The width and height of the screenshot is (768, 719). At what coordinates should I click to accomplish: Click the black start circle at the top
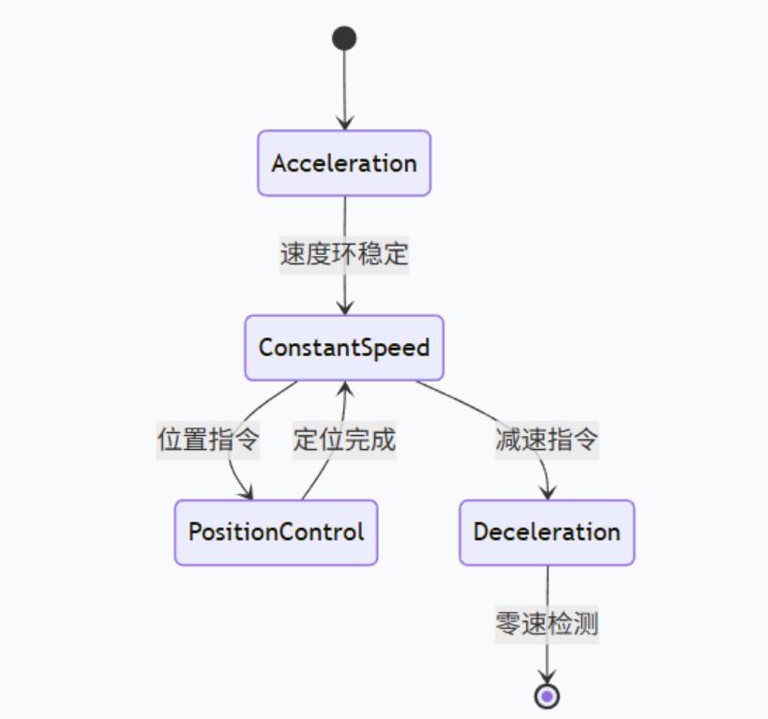(x=344, y=38)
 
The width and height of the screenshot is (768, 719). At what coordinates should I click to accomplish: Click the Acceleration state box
(x=344, y=163)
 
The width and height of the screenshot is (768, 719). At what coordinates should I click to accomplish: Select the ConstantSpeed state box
(x=344, y=348)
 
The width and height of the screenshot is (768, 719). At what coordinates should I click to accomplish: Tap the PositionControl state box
(x=276, y=532)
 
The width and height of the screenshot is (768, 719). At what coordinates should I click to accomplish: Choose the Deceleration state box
(x=547, y=532)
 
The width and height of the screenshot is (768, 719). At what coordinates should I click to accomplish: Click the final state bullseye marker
(x=547, y=697)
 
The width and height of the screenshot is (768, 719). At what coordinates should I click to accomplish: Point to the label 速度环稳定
(x=344, y=254)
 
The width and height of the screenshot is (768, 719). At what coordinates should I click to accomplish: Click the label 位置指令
(x=207, y=440)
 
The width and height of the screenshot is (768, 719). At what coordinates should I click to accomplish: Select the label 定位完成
(x=344, y=440)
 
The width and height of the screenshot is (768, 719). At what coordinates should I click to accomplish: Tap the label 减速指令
(x=547, y=440)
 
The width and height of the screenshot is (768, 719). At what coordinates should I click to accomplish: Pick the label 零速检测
(x=547, y=623)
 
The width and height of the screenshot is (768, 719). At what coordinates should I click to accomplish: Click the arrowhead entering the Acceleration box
(x=344, y=123)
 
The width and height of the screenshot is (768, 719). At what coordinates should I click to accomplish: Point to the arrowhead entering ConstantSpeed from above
(x=344, y=308)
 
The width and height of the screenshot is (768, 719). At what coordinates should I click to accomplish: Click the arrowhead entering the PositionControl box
(x=247, y=492)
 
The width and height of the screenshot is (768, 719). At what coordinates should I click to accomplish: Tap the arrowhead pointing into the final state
(x=547, y=678)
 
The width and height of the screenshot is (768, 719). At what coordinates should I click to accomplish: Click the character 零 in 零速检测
(x=507, y=623)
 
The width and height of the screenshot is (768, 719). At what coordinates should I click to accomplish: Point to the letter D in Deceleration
(x=481, y=532)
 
